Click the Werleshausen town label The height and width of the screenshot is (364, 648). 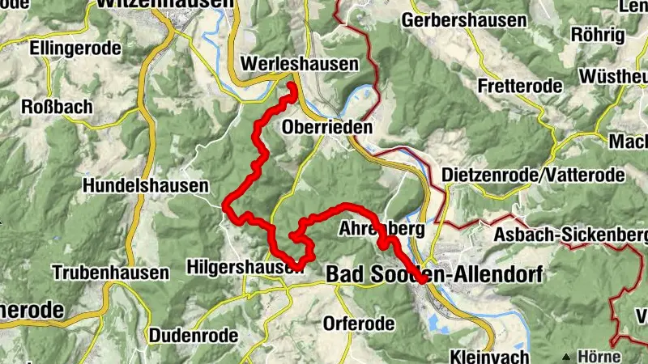(300, 64)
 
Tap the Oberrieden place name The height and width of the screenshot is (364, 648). (327, 127)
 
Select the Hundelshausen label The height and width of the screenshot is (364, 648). (146, 185)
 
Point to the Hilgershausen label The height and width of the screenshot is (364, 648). (245, 265)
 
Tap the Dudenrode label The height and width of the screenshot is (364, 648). (194, 334)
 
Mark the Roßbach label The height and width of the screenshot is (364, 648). (57, 107)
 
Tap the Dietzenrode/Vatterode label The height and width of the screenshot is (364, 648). (534, 175)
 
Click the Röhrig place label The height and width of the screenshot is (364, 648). (598, 35)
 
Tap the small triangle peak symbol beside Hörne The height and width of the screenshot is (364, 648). (566, 356)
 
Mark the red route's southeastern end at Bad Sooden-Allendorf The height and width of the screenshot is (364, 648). (425, 281)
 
